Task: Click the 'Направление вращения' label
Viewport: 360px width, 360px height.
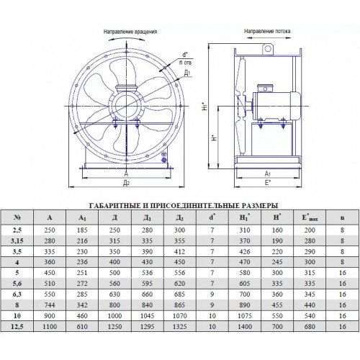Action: click(x=130, y=32)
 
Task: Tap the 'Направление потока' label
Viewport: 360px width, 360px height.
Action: click(x=267, y=31)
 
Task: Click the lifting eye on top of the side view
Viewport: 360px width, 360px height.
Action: click(x=268, y=49)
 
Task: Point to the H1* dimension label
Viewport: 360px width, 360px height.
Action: click(x=204, y=106)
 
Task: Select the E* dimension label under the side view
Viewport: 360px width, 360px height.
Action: click(x=268, y=183)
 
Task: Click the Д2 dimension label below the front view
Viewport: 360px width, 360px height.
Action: click(x=126, y=183)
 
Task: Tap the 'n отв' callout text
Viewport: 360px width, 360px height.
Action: click(x=186, y=63)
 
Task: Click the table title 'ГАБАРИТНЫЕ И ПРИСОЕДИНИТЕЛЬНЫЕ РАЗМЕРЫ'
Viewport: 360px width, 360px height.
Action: click(x=184, y=206)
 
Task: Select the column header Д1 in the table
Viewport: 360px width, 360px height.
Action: click(x=147, y=218)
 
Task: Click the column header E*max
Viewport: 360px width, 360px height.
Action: click(x=310, y=218)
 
